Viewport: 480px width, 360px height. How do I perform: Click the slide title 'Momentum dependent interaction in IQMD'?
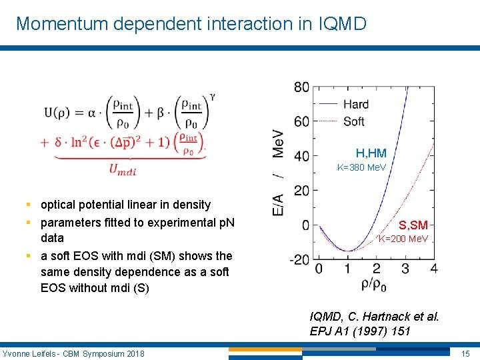(x=191, y=24)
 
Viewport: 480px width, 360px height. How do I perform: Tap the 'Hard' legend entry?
(x=355, y=104)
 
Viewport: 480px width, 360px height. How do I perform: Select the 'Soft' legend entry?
(x=353, y=121)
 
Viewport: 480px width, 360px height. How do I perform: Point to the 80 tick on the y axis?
(x=301, y=87)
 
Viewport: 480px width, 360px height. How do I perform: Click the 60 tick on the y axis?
(x=301, y=121)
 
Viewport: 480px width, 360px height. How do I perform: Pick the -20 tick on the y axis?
(x=299, y=259)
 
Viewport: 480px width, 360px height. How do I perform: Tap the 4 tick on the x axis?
(x=434, y=269)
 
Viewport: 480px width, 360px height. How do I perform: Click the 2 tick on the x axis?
(x=376, y=269)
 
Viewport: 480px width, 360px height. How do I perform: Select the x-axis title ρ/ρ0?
(x=374, y=285)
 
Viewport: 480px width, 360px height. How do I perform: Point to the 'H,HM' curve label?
(x=371, y=154)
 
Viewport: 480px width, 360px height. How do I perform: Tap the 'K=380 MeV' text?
(x=361, y=167)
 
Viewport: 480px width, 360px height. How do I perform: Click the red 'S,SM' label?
(x=413, y=225)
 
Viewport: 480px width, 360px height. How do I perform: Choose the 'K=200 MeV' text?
(x=403, y=239)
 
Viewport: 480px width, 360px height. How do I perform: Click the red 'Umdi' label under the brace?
(x=123, y=170)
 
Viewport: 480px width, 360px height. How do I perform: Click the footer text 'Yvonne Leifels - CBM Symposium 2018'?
(x=73, y=353)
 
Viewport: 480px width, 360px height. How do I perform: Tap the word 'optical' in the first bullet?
(x=59, y=205)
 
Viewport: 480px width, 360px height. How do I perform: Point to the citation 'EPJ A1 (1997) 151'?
(x=360, y=331)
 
